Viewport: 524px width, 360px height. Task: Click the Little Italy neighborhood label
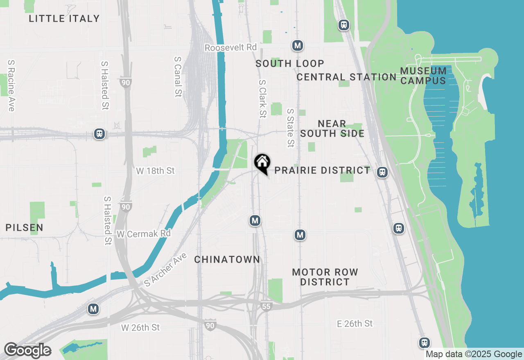coord(64,18)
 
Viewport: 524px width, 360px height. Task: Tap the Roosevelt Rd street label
coord(230,48)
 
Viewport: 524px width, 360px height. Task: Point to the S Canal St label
coord(178,77)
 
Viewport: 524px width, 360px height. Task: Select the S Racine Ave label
coord(11,85)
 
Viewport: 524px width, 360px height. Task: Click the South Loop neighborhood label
coord(290,63)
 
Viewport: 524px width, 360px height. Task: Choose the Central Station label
coord(346,77)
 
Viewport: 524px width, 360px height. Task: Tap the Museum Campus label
coord(423,76)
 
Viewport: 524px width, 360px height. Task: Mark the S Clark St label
coord(262,99)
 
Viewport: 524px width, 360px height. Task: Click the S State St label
coord(291,128)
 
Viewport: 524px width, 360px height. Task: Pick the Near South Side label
coord(332,128)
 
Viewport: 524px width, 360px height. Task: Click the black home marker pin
coord(262,163)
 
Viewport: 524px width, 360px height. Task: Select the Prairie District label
coord(322,170)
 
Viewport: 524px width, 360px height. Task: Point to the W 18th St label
coord(156,171)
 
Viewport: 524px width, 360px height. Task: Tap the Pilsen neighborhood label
coord(25,227)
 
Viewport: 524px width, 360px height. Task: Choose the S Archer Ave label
coord(165,270)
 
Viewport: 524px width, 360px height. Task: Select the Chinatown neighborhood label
coord(227,259)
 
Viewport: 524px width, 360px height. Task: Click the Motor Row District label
coord(325,277)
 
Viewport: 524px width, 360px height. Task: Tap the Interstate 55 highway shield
coord(267,306)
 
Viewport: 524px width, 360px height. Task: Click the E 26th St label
coord(355,324)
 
